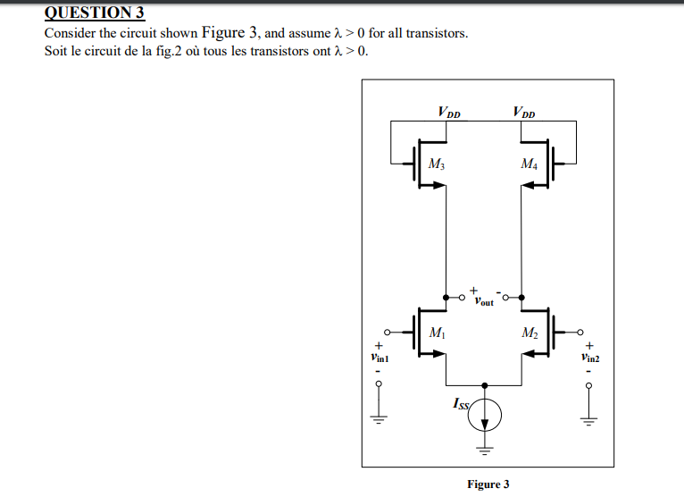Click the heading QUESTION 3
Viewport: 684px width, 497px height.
pyautogui.click(x=94, y=13)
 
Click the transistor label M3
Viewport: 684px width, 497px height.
pyautogui.click(x=436, y=164)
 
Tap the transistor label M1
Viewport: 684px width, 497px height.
pyautogui.click(x=437, y=333)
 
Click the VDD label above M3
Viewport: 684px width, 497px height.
pyautogui.click(x=449, y=113)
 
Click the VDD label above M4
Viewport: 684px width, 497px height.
pyautogui.click(x=524, y=113)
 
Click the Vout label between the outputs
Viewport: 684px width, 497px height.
pyautogui.click(x=483, y=301)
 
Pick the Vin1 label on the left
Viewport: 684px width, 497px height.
pyautogui.click(x=380, y=357)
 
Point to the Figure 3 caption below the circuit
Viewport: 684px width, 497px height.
pyautogui.click(x=488, y=484)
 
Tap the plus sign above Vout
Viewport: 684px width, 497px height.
pyautogui.click(x=473, y=288)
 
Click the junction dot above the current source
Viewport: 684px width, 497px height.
pyautogui.click(x=485, y=384)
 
